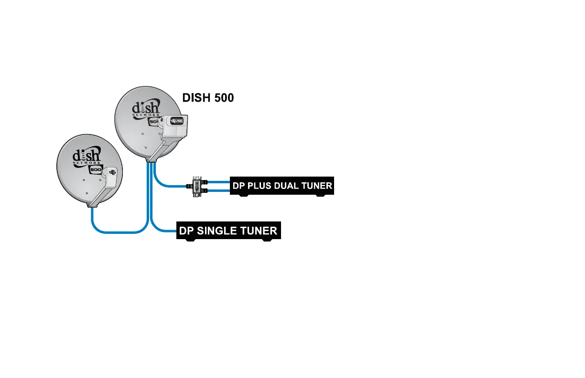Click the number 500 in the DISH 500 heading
click(222, 98)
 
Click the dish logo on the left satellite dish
click(86, 156)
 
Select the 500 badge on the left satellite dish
click(96, 169)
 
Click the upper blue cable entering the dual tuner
click(217, 182)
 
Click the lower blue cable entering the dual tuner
click(217, 190)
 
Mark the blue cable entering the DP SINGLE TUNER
click(165, 232)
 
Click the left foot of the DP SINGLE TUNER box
click(191, 240)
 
